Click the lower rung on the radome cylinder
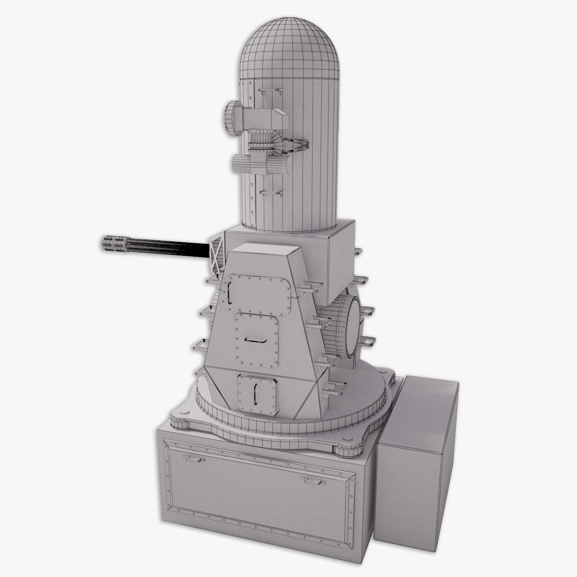click(x=271, y=192)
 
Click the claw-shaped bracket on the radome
click(x=297, y=146)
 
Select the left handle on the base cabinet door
click(x=194, y=459)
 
